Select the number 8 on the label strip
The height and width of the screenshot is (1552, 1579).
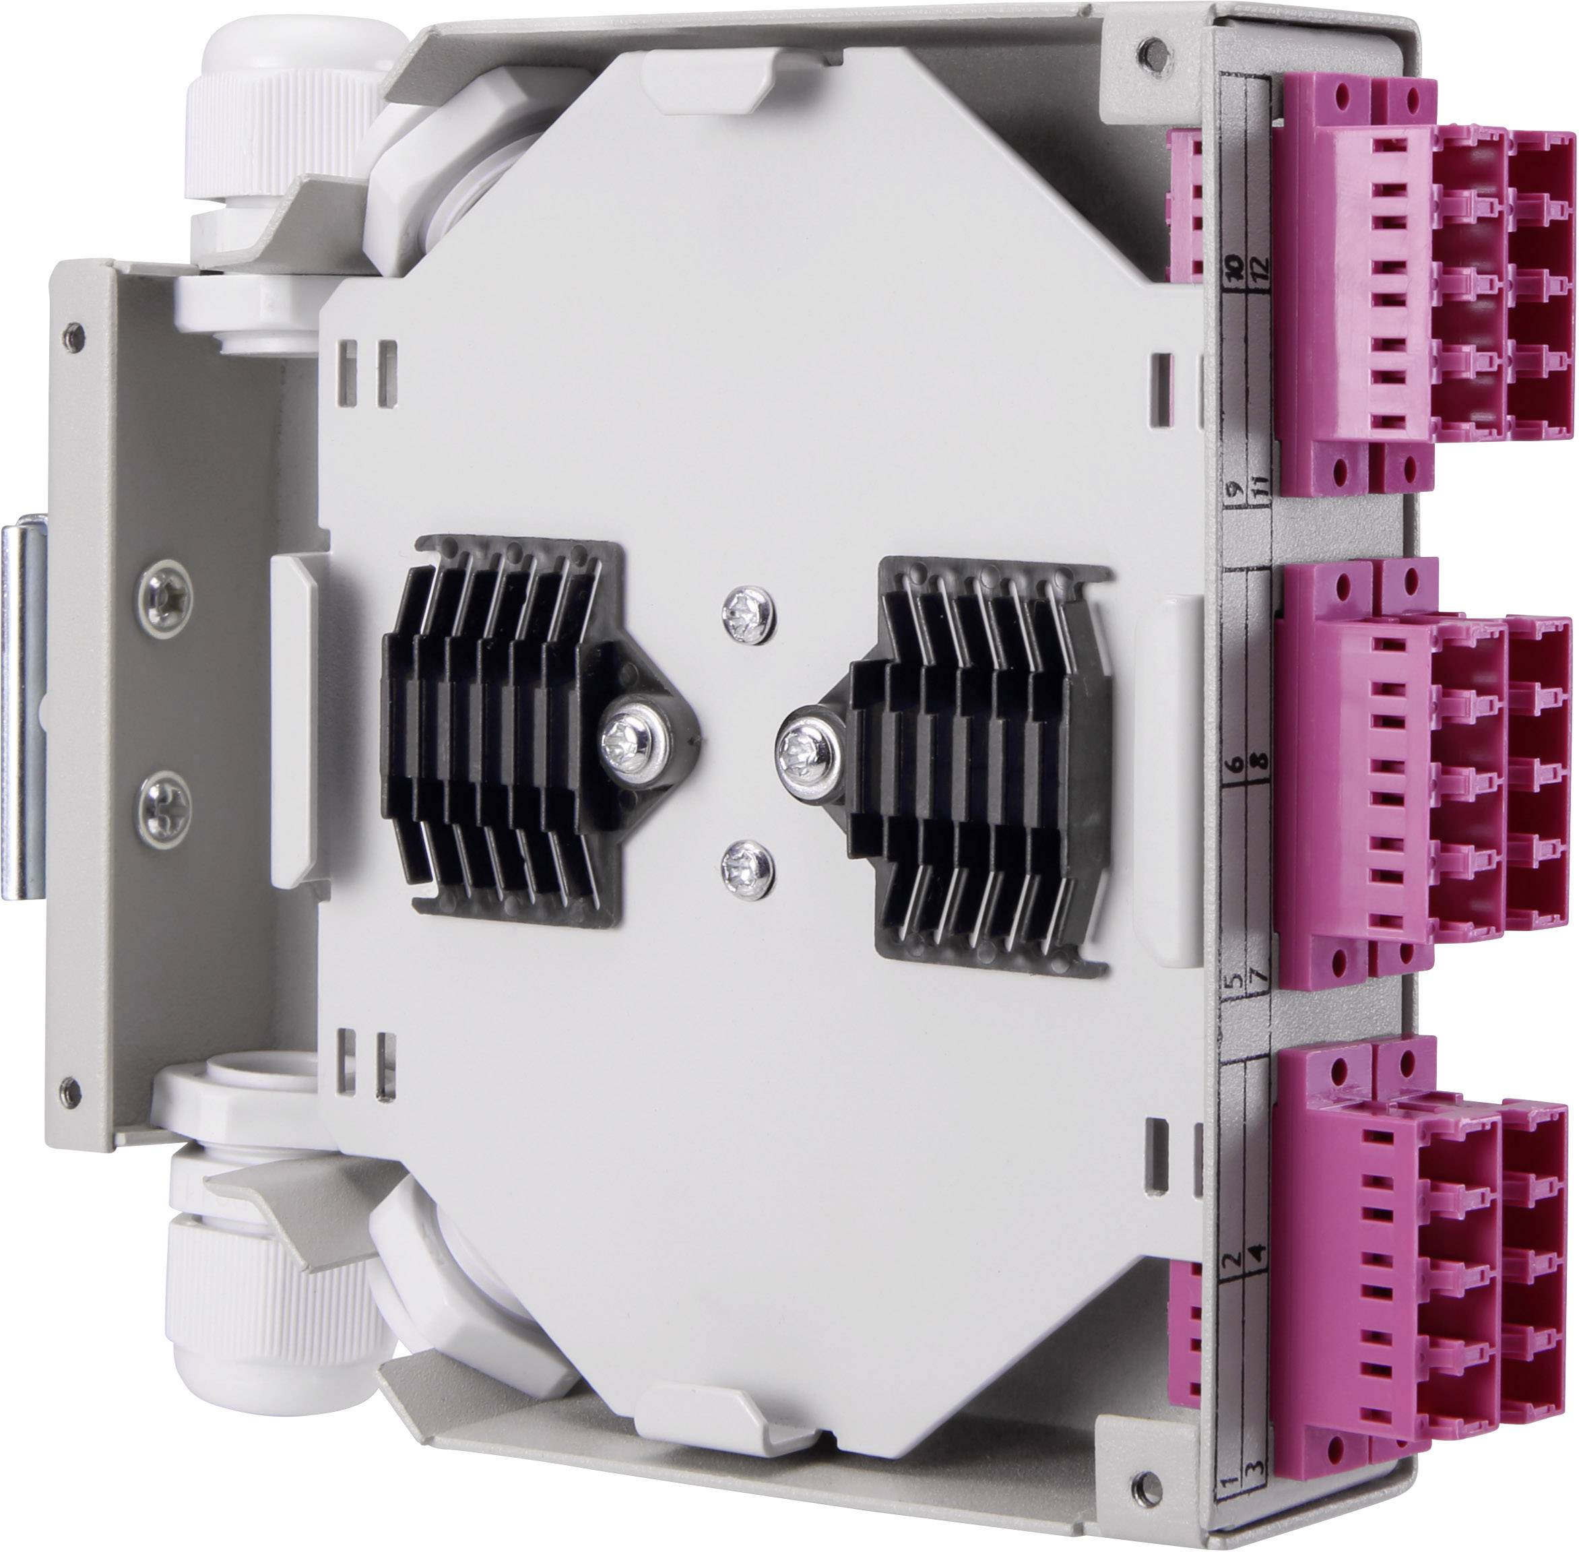1261,761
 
